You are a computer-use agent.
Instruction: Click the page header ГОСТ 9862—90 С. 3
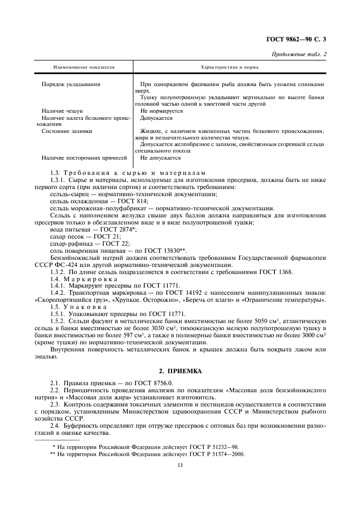click(x=300, y=39)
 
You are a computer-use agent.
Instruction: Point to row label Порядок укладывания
click(x=70, y=84)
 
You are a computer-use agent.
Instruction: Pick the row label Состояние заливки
click(x=67, y=131)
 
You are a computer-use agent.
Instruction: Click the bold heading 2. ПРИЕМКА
click(x=179, y=371)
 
